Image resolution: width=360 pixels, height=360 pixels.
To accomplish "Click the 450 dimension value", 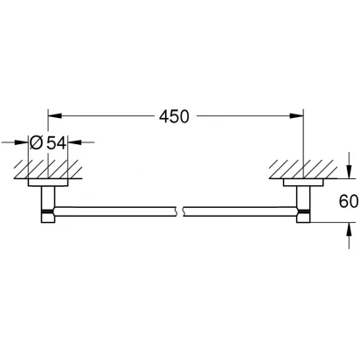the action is (x=174, y=116).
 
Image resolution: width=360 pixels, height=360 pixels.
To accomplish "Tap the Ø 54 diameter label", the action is (x=48, y=142).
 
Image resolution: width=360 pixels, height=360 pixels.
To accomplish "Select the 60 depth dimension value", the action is (x=349, y=201).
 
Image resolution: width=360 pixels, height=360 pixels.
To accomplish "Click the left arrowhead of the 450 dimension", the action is (x=55, y=116).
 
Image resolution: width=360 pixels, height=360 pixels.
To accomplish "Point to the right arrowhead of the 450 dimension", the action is (x=296, y=116).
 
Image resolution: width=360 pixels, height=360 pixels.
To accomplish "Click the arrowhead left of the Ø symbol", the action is (x=21, y=142).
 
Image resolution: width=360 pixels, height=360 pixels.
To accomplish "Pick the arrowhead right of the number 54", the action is (x=75, y=142).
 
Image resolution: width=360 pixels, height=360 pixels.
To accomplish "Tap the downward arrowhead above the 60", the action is (x=349, y=171).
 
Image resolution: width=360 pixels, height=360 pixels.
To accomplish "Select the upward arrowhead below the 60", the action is (x=349, y=229).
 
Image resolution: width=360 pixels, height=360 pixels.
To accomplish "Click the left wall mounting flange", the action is (x=48, y=183).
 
